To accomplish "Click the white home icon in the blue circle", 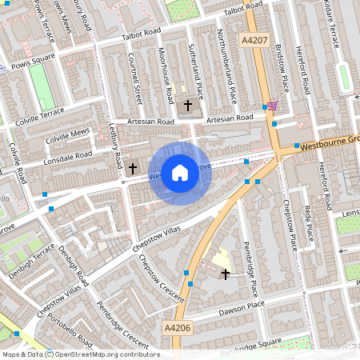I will [x=180, y=172].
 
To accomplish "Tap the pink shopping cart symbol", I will [x=274, y=106].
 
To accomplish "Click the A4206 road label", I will [x=177, y=327].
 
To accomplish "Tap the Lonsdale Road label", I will [x=67, y=155].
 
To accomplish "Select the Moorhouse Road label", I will [x=166, y=75].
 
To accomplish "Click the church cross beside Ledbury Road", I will [x=134, y=168].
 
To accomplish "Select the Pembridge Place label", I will [x=252, y=268].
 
